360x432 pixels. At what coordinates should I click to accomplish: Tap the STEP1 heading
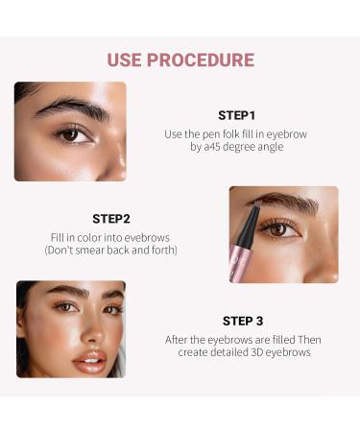coord(237,114)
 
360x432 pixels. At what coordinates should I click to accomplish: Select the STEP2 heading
coord(111,218)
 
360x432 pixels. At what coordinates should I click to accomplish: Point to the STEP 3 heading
coord(243,321)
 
